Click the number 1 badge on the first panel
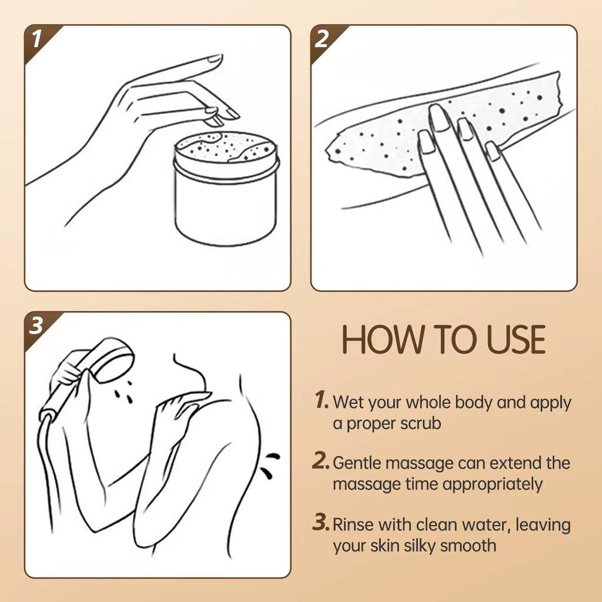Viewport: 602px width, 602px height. [36, 39]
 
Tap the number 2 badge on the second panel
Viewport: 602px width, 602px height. [323, 39]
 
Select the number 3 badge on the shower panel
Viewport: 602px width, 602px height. [36, 326]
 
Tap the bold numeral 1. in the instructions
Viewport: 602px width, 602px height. [322, 402]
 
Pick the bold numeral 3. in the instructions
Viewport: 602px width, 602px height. [322, 523]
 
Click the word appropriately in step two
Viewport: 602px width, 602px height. [493, 484]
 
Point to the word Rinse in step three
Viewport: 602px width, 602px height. [353, 524]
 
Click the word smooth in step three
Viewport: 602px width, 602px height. [470, 545]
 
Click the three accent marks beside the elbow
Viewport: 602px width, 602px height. [271, 463]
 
